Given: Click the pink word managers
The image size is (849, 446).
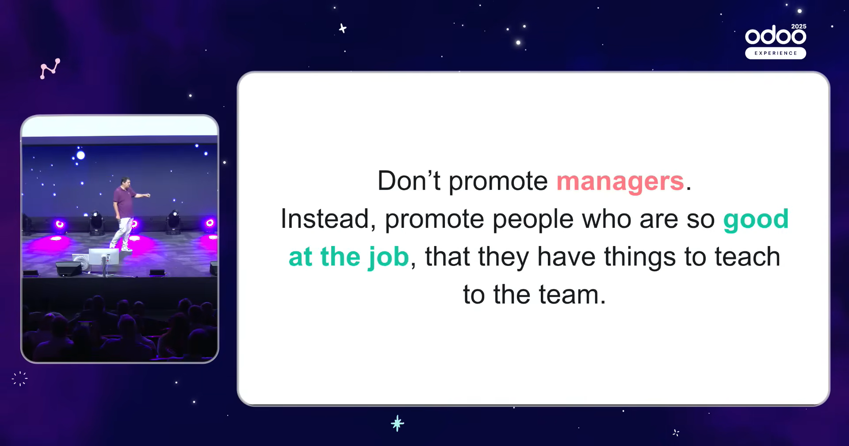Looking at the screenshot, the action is tap(620, 182).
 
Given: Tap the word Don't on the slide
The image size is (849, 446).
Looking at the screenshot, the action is tap(409, 181).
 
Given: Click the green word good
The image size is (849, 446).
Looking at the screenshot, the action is tap(756, 220).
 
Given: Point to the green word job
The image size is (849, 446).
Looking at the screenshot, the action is tap(388, 257).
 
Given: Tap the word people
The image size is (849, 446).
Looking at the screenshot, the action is tap(533, 219).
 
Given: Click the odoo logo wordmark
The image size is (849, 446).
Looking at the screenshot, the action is tap(776, 35).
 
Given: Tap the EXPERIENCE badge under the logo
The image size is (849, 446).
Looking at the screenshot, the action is tap(776, 53).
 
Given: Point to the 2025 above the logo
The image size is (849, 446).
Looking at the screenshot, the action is tap(799, 27).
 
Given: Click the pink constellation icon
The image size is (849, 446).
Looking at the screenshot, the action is tap(50, 69).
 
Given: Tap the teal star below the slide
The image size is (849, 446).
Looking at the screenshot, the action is tap(398, 423).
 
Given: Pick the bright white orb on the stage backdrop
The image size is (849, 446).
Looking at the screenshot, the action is tap(80, 155).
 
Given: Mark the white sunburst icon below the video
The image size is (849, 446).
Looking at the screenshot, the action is tap(20, 379).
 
